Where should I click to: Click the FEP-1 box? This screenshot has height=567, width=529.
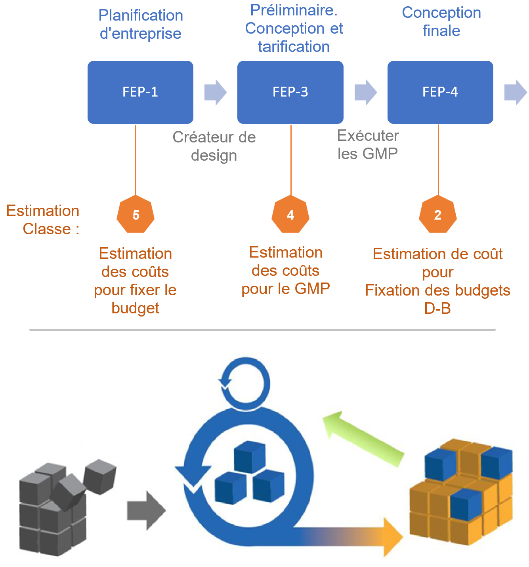pos(140,92)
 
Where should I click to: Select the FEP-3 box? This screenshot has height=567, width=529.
pos(290,92)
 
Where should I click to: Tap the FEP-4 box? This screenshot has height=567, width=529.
pos(440,92)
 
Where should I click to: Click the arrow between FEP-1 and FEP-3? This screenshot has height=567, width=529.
pos(215,93)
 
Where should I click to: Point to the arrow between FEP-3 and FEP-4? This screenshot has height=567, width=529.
pos(365,93)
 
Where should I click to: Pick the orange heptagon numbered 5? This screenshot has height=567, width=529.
pos(136,215)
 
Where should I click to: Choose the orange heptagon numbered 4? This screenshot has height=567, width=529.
pos(290,215)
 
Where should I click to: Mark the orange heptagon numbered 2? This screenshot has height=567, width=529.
pos(438,215)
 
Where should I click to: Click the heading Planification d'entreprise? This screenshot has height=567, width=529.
pos(141,25)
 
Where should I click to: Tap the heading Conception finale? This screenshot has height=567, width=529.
pos(441,22)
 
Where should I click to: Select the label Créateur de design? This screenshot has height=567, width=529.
pos(214,146)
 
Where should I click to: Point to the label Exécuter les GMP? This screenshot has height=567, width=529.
pos(368,145)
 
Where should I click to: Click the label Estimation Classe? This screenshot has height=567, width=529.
pos(44,220)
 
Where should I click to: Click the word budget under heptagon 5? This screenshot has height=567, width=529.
pos(135,308)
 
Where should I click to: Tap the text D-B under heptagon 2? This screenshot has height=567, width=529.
pos(437,309)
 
